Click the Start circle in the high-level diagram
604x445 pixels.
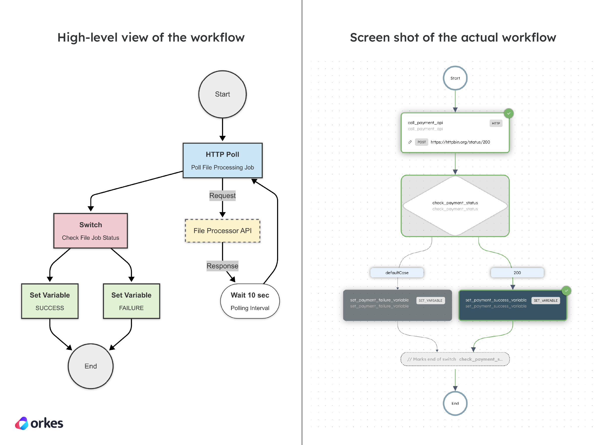pyautogui.click(x=222, y=94)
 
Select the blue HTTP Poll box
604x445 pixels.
pyautogui.click(x=222, y=160)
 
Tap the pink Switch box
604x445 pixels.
pyautogui.click(x=90, y=231)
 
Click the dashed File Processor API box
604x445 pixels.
pyautogui.click(x=222, y=231)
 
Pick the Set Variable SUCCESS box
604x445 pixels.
pyautogui.click(x=50, y=301)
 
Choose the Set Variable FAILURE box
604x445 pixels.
pyautogui.click(x=131, y=301)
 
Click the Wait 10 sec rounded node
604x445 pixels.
pyautogui.click(x=250, y=301)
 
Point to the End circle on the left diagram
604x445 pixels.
pyautogui.click(x=90, y=366)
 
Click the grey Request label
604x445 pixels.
pyautogui.click(x=222, y=196)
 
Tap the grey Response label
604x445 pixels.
pyautogui.click(x=222, y=266)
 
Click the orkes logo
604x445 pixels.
pyautogui.click(x=39, y=423)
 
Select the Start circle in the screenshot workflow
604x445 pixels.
pyautogui.click(x=455, y=78)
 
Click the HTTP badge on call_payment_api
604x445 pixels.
pyautogui.click(x=496, y=123)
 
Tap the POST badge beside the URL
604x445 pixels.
pyautogui.click(x=422, y=142)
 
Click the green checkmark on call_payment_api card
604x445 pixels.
pyautogui.click(x=508, y=113)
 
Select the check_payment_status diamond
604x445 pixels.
pyautogui.click(x=455, y=206)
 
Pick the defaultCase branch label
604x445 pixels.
pyautogui.click(x=397, y=272)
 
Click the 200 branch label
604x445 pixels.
pyautogui.click(x=517, y=272)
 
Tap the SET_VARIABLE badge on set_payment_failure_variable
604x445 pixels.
pyautogui.click(x=430, y=300)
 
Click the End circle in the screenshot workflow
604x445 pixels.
pyautogui.click(x=455, y=403)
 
